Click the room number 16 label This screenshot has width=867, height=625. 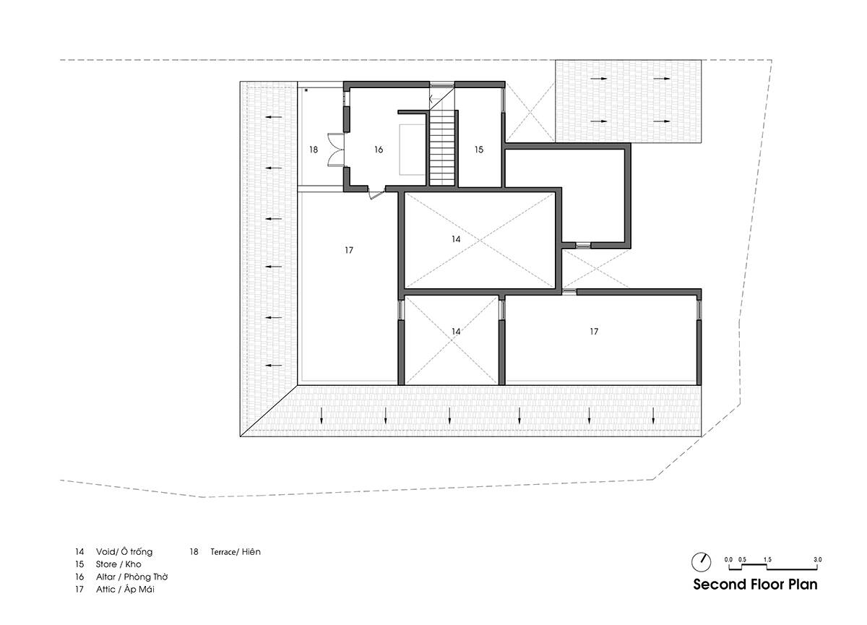pyautogui.click(x=379, y=150)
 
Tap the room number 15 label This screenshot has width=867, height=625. pyautogui.click(x=479, y=150)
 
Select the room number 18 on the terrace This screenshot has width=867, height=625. pyautogui.click(x=314, y=150)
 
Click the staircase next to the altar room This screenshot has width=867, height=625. pyautogui.click(x=441, y=148)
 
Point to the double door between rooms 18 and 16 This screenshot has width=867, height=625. pyautogui.click(x=335, y=150)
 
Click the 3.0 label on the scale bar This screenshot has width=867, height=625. pyautogui.click(x=817, y=559)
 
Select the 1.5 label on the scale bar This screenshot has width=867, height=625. pyautogui.click(x=767, y=559)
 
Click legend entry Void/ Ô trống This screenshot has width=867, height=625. pyautogui.click(x=124, y=551)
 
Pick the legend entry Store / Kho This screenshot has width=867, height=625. pyautogui.click(x=118, y=564)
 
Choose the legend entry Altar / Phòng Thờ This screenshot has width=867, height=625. pyautogui.click(x=132, y=577)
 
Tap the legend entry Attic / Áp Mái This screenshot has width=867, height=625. pyautogui.click(x=125, y=589)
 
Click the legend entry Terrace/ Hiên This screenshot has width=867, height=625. pyautogui.click(x=236, y=551)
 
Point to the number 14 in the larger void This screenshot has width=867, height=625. pyautogui.click(x=456, y=239)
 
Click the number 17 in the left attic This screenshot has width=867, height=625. pyautogui.click(x=349, y=251)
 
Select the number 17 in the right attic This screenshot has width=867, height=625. pyautogui.click(x=594, y=331)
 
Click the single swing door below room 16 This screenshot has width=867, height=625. pyautogui.click(x=376, y=193)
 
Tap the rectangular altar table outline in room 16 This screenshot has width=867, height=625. pyautogui.click(x=413, y=150)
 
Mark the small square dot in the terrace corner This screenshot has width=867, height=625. pyautogui.click(x=306, y=90)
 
